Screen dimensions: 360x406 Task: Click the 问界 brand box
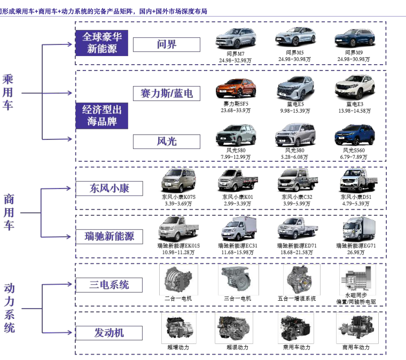166,44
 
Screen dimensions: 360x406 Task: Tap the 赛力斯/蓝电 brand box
166,93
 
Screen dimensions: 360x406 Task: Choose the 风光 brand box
166,141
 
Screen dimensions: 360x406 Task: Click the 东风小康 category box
102,188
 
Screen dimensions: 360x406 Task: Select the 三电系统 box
102,284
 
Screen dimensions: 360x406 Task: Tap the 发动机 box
102,332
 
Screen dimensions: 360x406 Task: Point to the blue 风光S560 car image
354,136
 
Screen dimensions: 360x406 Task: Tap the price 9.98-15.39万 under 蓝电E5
295,111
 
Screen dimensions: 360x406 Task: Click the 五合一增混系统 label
296,298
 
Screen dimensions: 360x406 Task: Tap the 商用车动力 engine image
357,327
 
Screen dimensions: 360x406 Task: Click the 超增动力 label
178,347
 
